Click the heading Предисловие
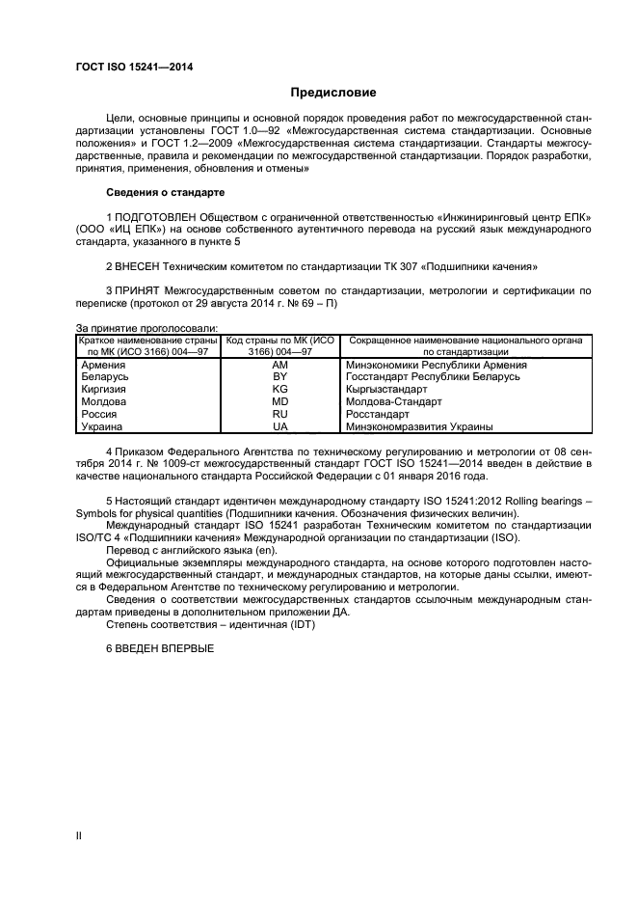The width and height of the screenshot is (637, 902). (x=333, y=93)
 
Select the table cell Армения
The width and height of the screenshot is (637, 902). (x=105, y=366)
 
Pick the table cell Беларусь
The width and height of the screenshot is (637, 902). (x=107, y=377)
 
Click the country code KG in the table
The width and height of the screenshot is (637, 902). (x=280, y=389)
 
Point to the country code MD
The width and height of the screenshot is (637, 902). (x=280, y=401)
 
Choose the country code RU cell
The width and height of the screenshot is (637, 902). (x=280, y=413)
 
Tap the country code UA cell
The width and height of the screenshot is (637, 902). (x=280, y=425)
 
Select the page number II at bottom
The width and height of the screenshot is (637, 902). (x=79, y=836)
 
